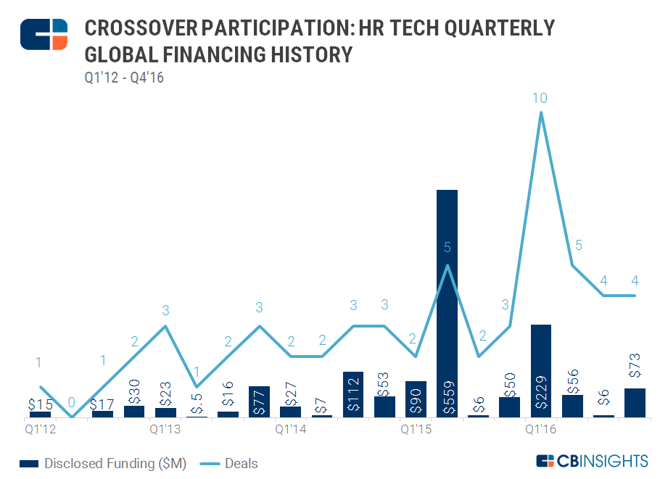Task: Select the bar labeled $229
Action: (541, 370)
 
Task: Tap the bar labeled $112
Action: (352, 394)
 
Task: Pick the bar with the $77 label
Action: (259, 401)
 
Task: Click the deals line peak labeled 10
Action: (540, 113)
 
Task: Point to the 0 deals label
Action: (71, 402)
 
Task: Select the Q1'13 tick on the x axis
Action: (165, 430)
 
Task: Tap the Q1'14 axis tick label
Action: (291, 430)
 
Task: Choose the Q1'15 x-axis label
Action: (416, 430)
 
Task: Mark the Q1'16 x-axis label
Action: (541, 430)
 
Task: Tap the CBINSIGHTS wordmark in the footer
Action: (592, 461)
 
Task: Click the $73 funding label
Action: (635, 372)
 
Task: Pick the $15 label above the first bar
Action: (40, 404)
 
